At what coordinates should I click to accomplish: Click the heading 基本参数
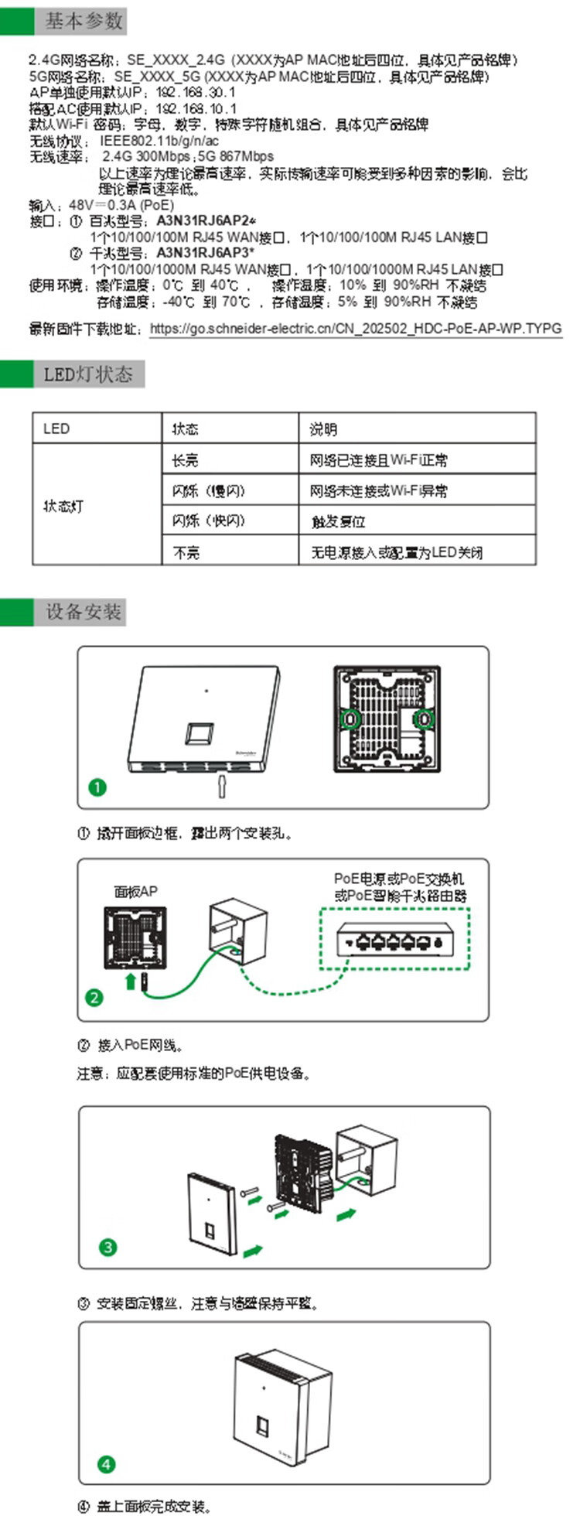coord(83,22)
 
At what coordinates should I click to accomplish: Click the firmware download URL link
coord(355,328)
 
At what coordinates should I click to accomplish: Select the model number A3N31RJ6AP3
coord(205,253)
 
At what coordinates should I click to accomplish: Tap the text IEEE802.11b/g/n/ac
coord(159,142)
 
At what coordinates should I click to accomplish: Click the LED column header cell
coord(56,428)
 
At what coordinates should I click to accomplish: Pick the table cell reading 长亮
coord(185,460)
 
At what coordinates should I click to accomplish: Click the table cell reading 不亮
coord(186,552)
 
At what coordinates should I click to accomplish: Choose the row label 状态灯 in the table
coord(63,506)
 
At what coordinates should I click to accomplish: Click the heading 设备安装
coord(83,612)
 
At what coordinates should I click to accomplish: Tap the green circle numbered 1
coord(97,787)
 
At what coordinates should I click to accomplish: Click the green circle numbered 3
coord(107,1248)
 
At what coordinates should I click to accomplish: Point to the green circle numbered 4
coord(106,1464)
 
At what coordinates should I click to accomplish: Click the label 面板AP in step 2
coord(135,892)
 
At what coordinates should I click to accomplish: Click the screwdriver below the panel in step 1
coord(221,785)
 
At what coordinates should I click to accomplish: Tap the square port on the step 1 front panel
coord(200,732)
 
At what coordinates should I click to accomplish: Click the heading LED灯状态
coord(87,375)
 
